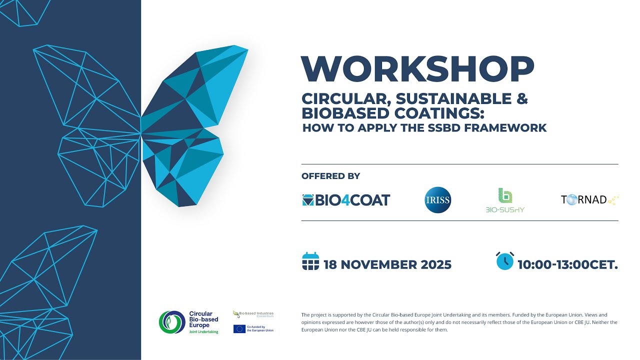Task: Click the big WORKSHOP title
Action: click(x=417, y=69)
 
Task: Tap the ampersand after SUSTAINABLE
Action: click(x=522, y=99)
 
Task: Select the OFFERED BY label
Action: click(x=330, y=176)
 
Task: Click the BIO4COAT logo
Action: click(x=346, y=200)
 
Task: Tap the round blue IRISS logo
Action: click(x=437, y=200)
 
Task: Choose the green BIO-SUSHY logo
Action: click(x=505, y=200)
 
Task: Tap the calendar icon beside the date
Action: click(x=310, y=261)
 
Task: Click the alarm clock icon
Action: click(x=505, y=261)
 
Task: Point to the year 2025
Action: click(x=435, y=264)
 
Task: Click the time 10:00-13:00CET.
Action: click(x=567, y=264)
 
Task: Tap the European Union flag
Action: click(x=239, y=329)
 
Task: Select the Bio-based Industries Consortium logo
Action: click(x=253, y=314)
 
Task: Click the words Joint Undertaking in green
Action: click(x=203, y=331)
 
